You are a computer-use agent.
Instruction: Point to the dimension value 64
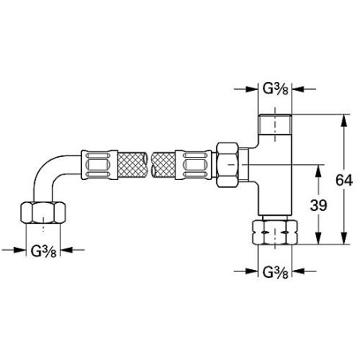345,181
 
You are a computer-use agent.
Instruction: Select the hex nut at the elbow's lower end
39,213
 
